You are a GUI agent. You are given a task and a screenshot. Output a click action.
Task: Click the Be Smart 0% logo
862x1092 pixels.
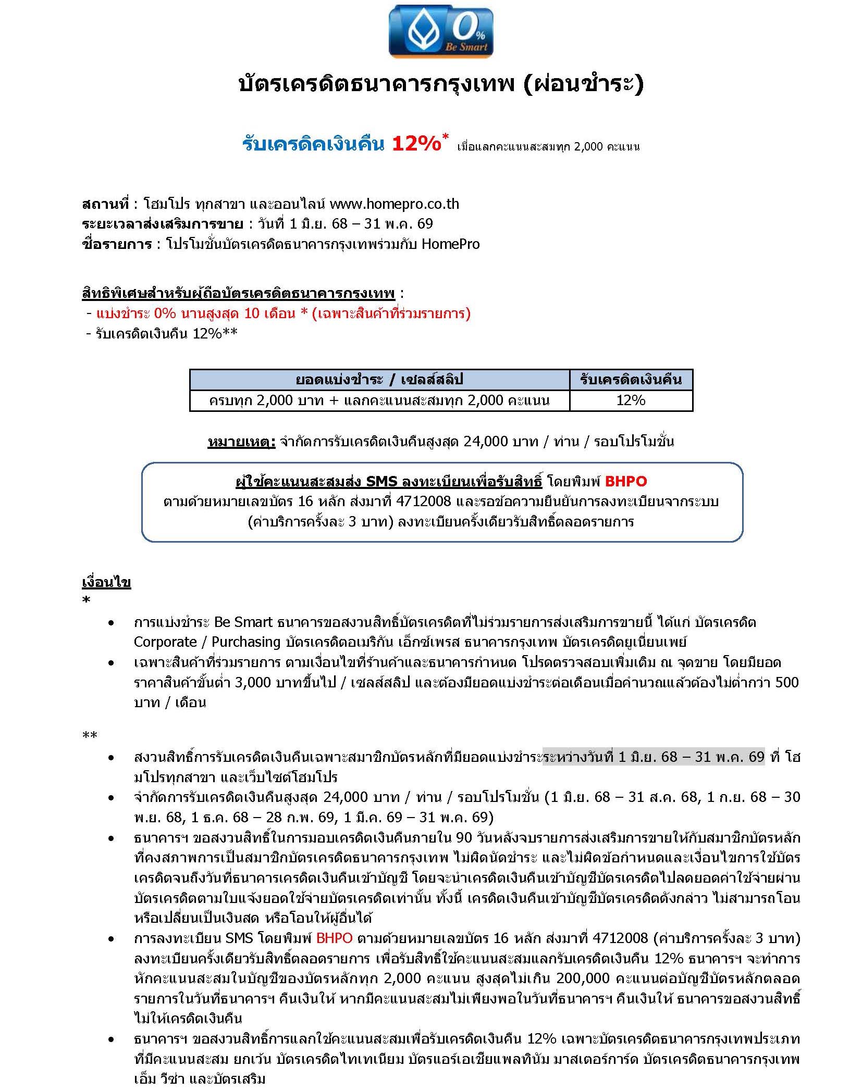pyautogui.click(x=440, y=31)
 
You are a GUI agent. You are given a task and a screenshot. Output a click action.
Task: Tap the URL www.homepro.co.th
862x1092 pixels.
pyautogui.click(x=394, y=204)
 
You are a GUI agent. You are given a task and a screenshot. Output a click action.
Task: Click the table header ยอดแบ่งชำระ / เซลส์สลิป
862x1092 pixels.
pyautogui.click(x=379, y=380)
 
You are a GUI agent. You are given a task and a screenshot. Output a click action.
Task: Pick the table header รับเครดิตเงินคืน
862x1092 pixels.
pyautogui.click(x=631, y=380)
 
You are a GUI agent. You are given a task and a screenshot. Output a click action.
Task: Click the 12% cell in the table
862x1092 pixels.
pyautogui.click(x=631, y=400)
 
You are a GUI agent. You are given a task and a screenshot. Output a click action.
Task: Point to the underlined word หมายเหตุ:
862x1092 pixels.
pyautogui.click(x=241, y=442)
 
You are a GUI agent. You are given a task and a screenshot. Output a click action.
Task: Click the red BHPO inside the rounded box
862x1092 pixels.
pyautogui.click(x=625, y=481)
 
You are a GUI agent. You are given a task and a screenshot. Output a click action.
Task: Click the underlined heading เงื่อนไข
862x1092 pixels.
pyautogui.click(x=106, y=582)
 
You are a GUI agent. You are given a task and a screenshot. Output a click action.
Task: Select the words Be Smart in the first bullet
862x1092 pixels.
pyautogui.click(x=243, y=622)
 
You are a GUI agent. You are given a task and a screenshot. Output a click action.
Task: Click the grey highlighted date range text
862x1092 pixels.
pyautogui.click(x=654, y=757)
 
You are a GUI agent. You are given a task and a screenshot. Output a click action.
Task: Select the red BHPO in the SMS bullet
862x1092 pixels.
pyautogui.click(x=334, y=938)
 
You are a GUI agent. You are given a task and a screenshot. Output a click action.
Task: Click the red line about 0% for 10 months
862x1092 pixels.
pyautogui.click(x=283, y=313)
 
